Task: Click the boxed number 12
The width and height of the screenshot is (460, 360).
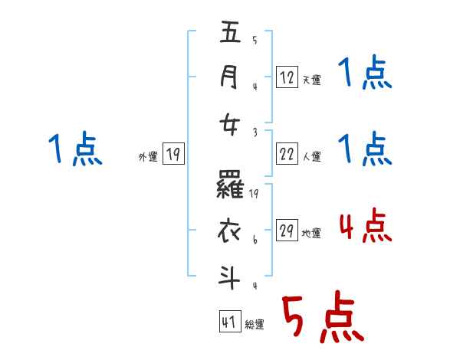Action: click(287, 77)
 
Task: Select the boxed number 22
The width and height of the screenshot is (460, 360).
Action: click(287, 155)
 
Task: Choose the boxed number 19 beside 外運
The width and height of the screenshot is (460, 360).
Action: click(172, 155)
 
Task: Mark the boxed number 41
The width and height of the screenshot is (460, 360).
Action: click(228, 322)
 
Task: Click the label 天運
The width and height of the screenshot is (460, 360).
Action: click(311, 79)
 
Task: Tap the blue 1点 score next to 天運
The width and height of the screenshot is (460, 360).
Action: click(365, 74)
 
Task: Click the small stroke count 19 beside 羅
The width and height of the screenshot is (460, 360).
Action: click(255, 195)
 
